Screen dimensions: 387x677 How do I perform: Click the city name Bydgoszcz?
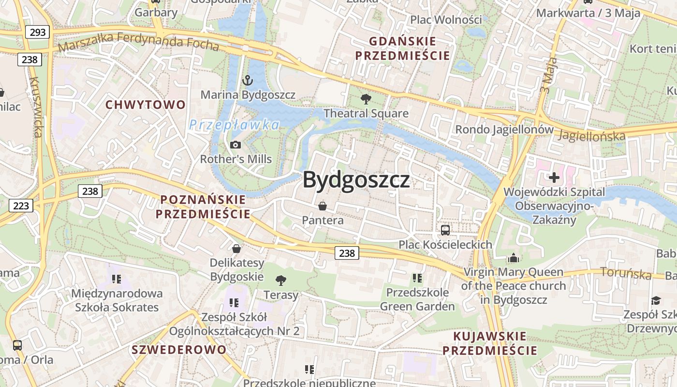pyautogui.click(x=356, y=180)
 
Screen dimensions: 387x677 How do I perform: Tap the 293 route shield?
pyautogui.click(x=37, y=32)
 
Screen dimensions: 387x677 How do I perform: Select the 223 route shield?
pyautogui.click(x=21, y=206)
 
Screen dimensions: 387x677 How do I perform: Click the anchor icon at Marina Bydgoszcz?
pyautogui.click(x=248, y=80)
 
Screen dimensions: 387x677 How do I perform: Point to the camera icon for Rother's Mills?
pyautogui.click(x=235, y=145)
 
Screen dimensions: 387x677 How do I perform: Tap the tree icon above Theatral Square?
pyautogui.click(x=366, y=99)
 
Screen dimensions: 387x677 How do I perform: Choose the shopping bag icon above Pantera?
pyautogui.click(x=323, y=206)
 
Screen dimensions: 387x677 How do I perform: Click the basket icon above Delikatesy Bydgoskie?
pyautogui.click(x=236, y=249)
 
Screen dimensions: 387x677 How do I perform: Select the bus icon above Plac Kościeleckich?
pyautogui.click(x=445, y=230)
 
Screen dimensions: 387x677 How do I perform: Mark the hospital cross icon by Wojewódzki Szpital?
pyautogui.click(x=554, y=178)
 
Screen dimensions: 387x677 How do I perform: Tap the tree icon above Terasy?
pyautogui.click(x=280, y=281)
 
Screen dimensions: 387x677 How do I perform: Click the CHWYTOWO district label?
pyautogui.click(x=146, y=104)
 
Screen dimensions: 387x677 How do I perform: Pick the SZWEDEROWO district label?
pyautogui.click(x=179, y=349)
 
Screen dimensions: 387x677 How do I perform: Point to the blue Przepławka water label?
pyautogui.click(x=234, y=125)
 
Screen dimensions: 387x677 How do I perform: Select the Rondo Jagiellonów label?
pyautogui.click(x=504, y=130)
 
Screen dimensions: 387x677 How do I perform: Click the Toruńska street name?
pyautogui.click(x=626, y=273)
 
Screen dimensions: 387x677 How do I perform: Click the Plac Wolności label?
pyautogui.click(x=446, y=20)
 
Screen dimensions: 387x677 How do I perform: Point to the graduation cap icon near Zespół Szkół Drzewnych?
pyautogui.click(x=656, y=301)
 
